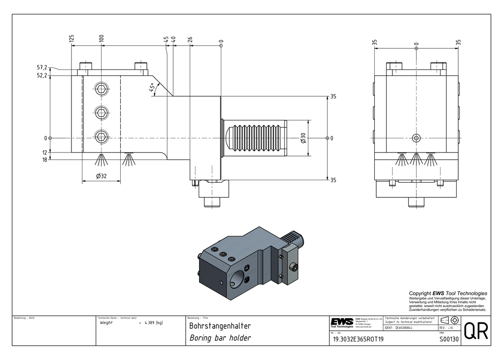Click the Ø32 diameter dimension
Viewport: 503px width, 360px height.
[101, 176]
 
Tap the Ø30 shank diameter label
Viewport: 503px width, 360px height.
[302, 138]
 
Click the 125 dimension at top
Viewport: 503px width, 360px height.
[72, 38]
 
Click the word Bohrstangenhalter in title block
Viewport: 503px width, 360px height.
[219, 326]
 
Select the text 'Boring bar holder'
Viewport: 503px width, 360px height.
[220, 338]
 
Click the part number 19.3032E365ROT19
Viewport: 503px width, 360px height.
[358, 339]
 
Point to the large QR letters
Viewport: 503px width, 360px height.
[475, 332]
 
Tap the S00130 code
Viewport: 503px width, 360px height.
[449, 339]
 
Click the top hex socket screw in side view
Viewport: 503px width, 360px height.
[102, 90]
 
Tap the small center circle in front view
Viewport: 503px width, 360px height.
[416, 137]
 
